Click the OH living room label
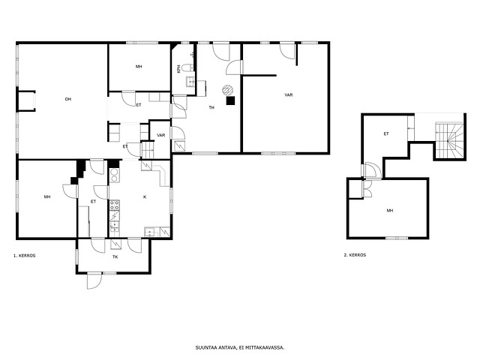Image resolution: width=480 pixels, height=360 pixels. (68, 99)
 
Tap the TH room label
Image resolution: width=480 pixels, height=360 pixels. (211, 107)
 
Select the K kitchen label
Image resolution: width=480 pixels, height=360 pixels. (145, 196)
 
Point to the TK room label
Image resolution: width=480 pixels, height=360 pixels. (115, 256)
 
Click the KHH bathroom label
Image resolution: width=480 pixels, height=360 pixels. (178, 69)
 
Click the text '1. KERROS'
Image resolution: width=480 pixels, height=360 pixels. (25, 256)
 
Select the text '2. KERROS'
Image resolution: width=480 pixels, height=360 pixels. (355, 255)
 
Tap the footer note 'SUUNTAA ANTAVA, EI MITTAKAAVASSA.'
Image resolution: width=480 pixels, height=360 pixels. (240, 347)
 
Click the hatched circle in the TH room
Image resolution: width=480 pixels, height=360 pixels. (227, 90)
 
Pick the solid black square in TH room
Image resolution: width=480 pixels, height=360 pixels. (230, 100)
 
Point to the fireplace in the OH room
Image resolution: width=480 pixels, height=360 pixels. (27, 100)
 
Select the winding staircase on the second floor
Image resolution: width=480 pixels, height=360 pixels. (449, 140)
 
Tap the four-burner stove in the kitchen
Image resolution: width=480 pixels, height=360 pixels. (115, 205)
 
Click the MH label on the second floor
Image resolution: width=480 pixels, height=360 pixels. (390, 211)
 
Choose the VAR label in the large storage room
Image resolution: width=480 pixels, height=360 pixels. (289, 95)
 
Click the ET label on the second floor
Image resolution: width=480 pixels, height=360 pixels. (386, 133)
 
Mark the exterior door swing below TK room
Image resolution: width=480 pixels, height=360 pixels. (94, 280)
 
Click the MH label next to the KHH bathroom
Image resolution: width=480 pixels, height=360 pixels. (139, 67)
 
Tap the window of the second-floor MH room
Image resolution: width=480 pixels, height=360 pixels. (397, 238)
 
